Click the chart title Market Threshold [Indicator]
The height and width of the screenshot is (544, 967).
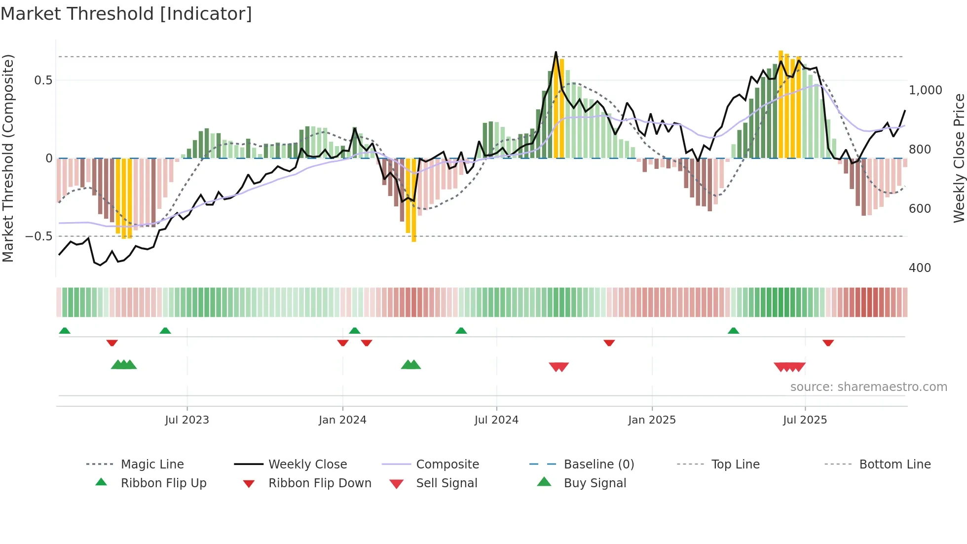pos(126,14)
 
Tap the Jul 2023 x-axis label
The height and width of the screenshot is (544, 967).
pos(187,420)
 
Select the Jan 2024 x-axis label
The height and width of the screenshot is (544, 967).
pos(342,420)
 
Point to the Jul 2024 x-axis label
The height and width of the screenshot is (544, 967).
pos(496,420)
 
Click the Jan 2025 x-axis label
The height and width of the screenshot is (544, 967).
pos(652,420)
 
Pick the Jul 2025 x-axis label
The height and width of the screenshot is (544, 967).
pos(805,420)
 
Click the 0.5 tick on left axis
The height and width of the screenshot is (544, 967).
pos(43,80)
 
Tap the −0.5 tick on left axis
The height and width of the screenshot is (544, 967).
pos(39,236)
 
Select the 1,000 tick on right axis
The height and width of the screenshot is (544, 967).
pos(926,90)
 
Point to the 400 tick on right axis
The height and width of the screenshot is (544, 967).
pos(920,268)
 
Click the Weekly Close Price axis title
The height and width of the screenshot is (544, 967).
pos(959,158)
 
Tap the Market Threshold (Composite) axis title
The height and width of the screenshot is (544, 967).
pos(8,158)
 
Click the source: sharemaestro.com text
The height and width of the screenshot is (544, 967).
pos(868,387)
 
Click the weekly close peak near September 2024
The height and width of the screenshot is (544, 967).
pos(556,52)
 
